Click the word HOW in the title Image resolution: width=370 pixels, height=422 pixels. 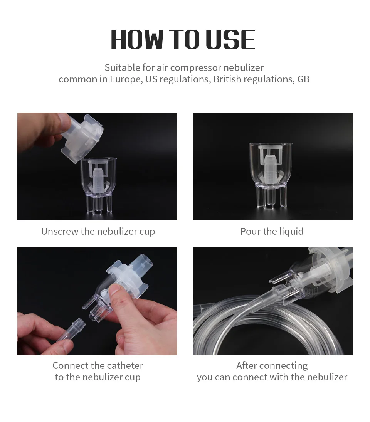tap(137, 40)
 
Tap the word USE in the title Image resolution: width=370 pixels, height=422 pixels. tap(230, 40)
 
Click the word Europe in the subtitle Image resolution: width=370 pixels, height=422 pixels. tap(126, 79)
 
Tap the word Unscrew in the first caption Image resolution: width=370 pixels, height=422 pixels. tap(59, 231)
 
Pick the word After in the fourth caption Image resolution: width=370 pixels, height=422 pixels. tap(247, 365)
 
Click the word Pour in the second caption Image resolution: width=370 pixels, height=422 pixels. tap(251, 231)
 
